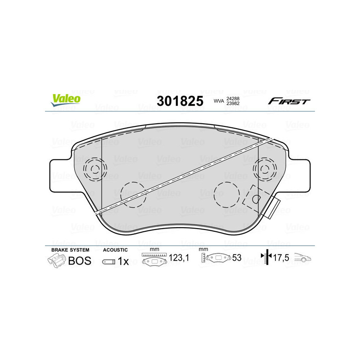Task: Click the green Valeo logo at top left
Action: tap(66, 100)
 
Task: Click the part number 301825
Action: tap(180, 101)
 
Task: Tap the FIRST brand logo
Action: tap(289, 101)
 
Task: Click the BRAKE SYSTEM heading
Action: tap(70, 250)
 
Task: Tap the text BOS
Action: tap(79, 261)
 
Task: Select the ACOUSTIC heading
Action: tap(115, 250)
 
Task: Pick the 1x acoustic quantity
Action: tap(123, 261)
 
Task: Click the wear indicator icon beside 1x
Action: tap(108, 261)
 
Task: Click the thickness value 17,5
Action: tap(281, 258)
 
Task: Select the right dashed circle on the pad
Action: tap(224, 194)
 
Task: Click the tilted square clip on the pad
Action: tap(255, 198)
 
